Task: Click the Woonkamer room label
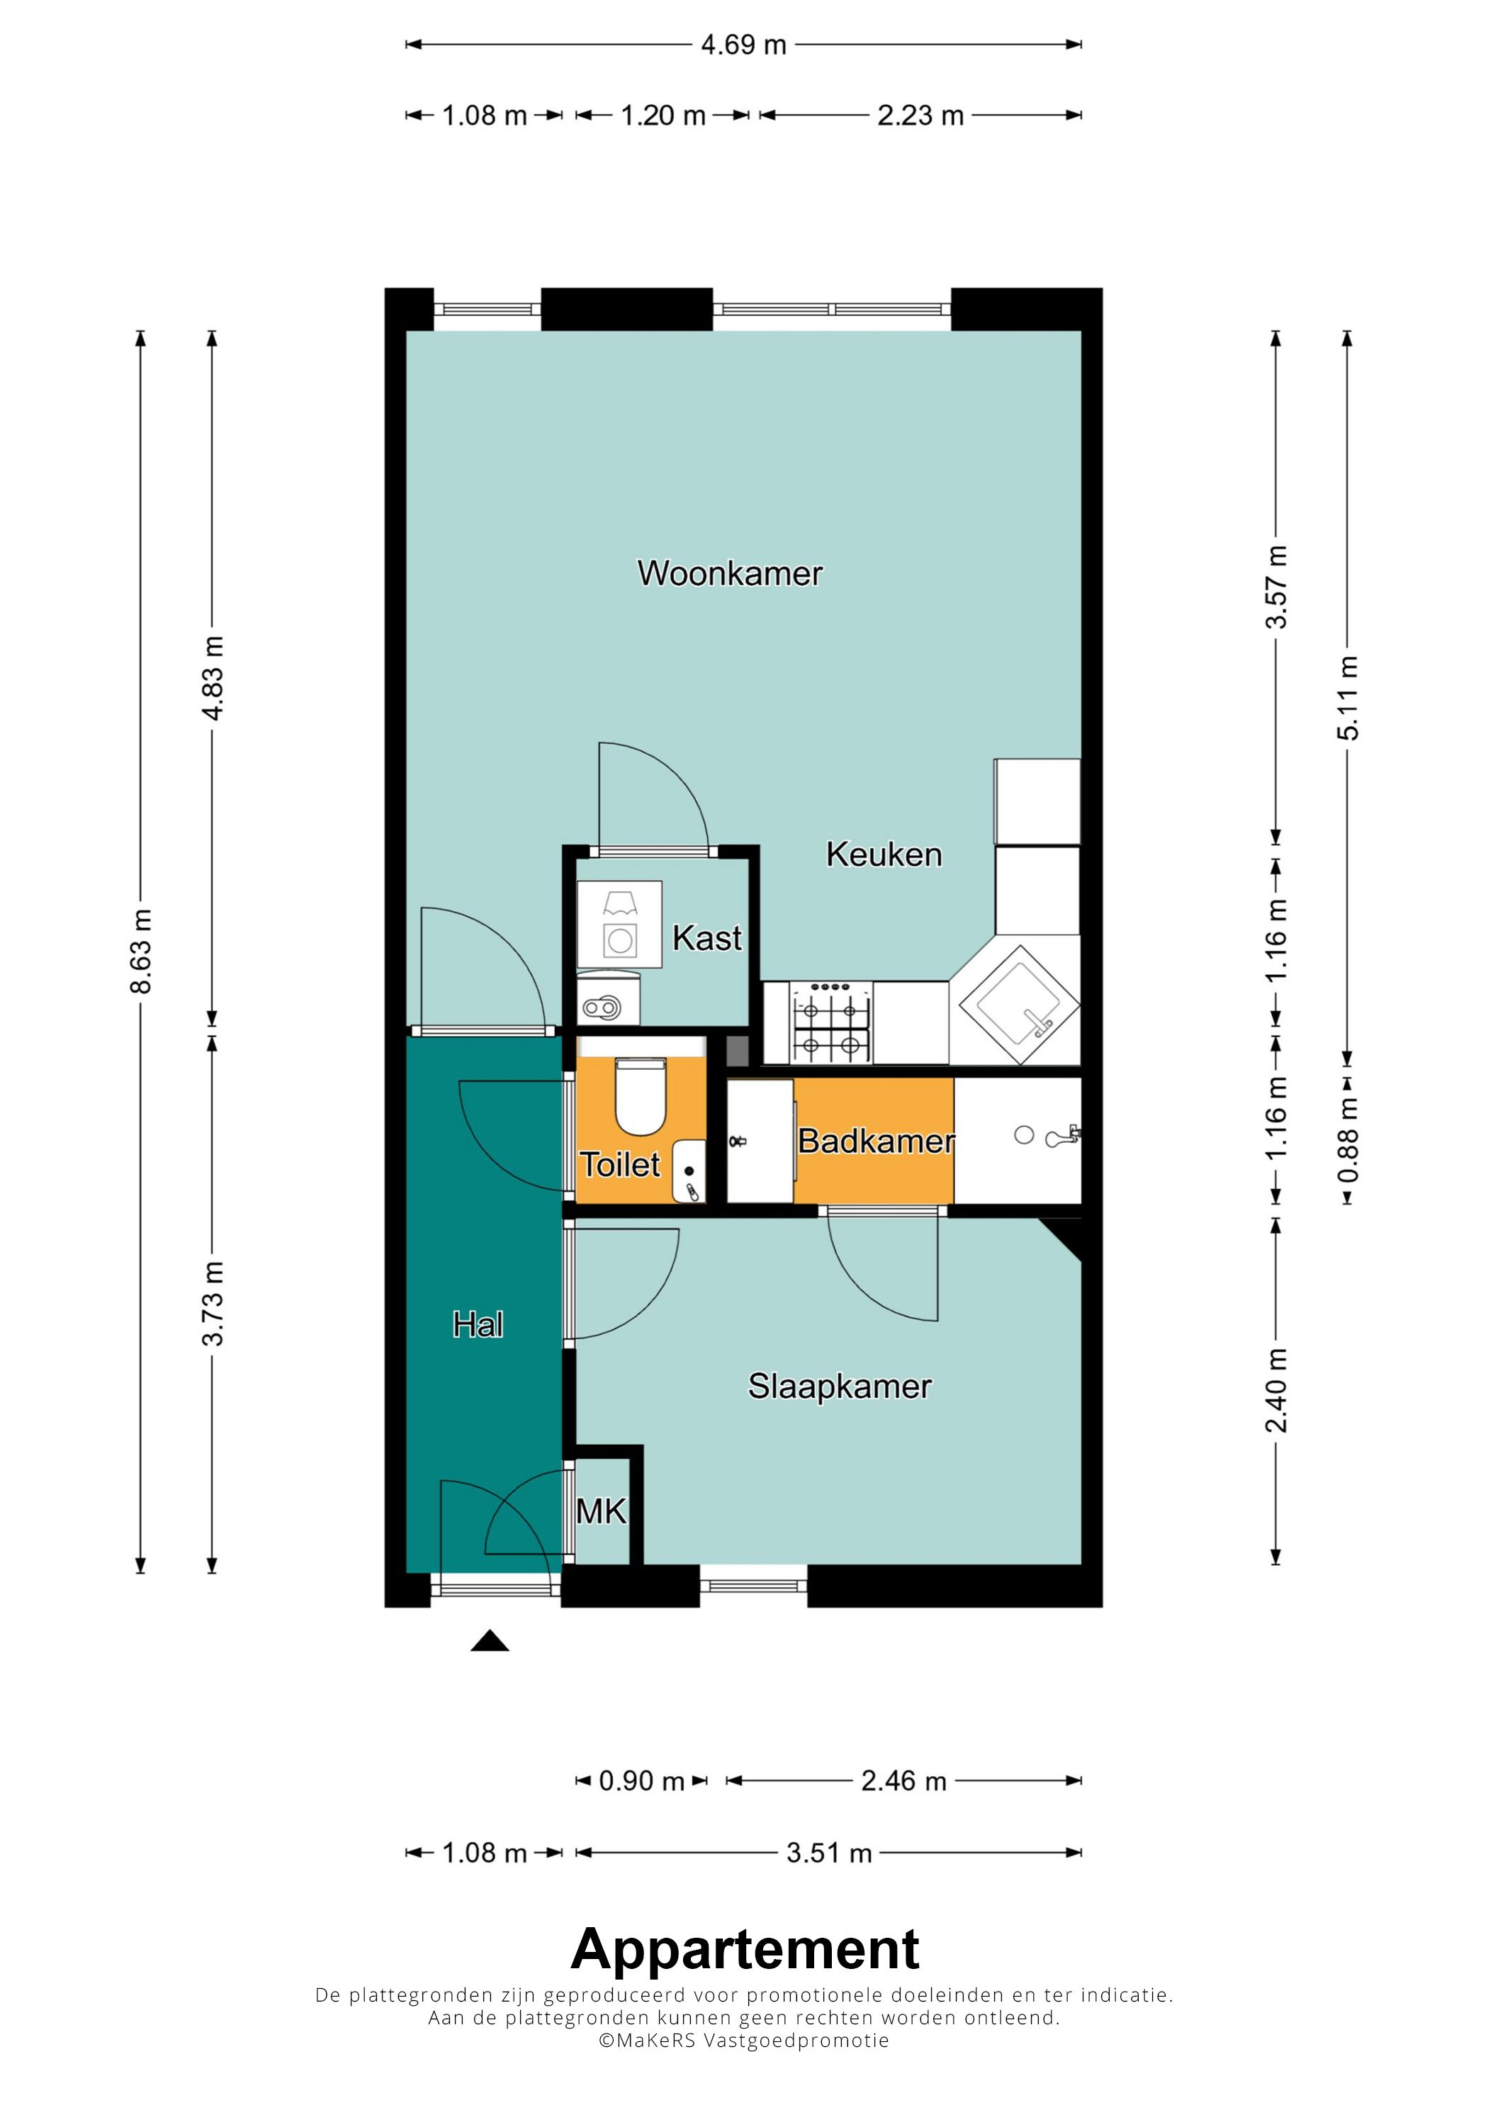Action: click(730, 573)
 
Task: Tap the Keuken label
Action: click(884, 854)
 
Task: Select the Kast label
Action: click(707, 938)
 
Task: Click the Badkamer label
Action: click(876, 1141)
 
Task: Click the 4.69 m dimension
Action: click(743, 45)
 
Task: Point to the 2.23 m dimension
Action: click(920, 115)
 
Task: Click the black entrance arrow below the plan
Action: click(490, 1640)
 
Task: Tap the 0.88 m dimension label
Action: click(1348, 1139)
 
